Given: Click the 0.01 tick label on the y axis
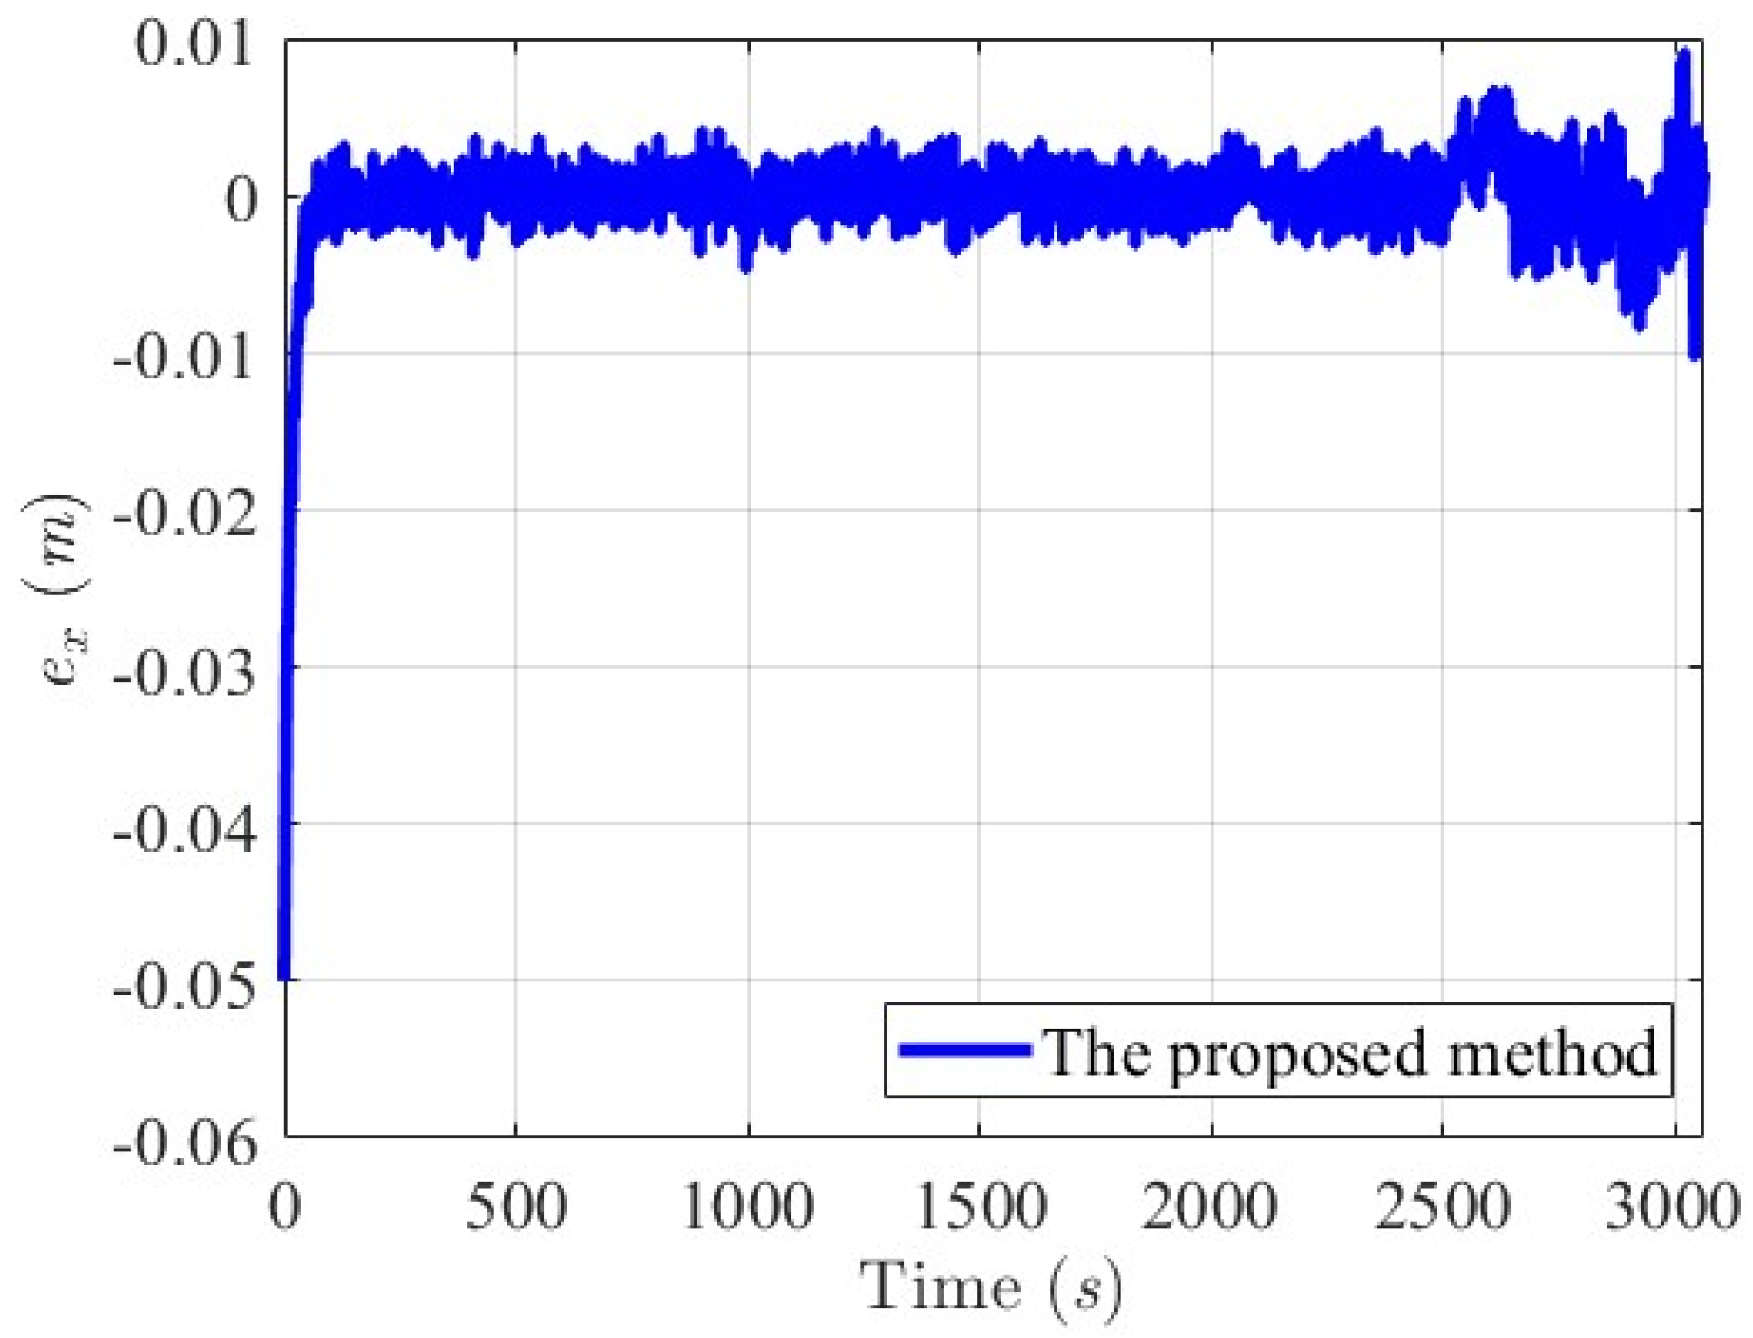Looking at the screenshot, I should pyautogui.click(x=194, y=44).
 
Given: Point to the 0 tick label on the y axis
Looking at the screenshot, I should pyautogui.click(x=241, y=199).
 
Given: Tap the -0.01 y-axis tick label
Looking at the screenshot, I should pyautogui.click(x=186, y=356).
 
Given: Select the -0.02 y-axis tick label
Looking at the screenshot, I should pyautogui.click(x=186, y=513).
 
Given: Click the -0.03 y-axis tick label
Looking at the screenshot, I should pyautogui.click(x=186, y=669).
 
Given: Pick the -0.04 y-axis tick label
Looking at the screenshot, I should pyautogui.click(x=186, y=826).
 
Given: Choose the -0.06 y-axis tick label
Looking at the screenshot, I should pyautogui.click(x=186, y=1140).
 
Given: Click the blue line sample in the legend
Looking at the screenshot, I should pyautogui.click(x=965, y=1049).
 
